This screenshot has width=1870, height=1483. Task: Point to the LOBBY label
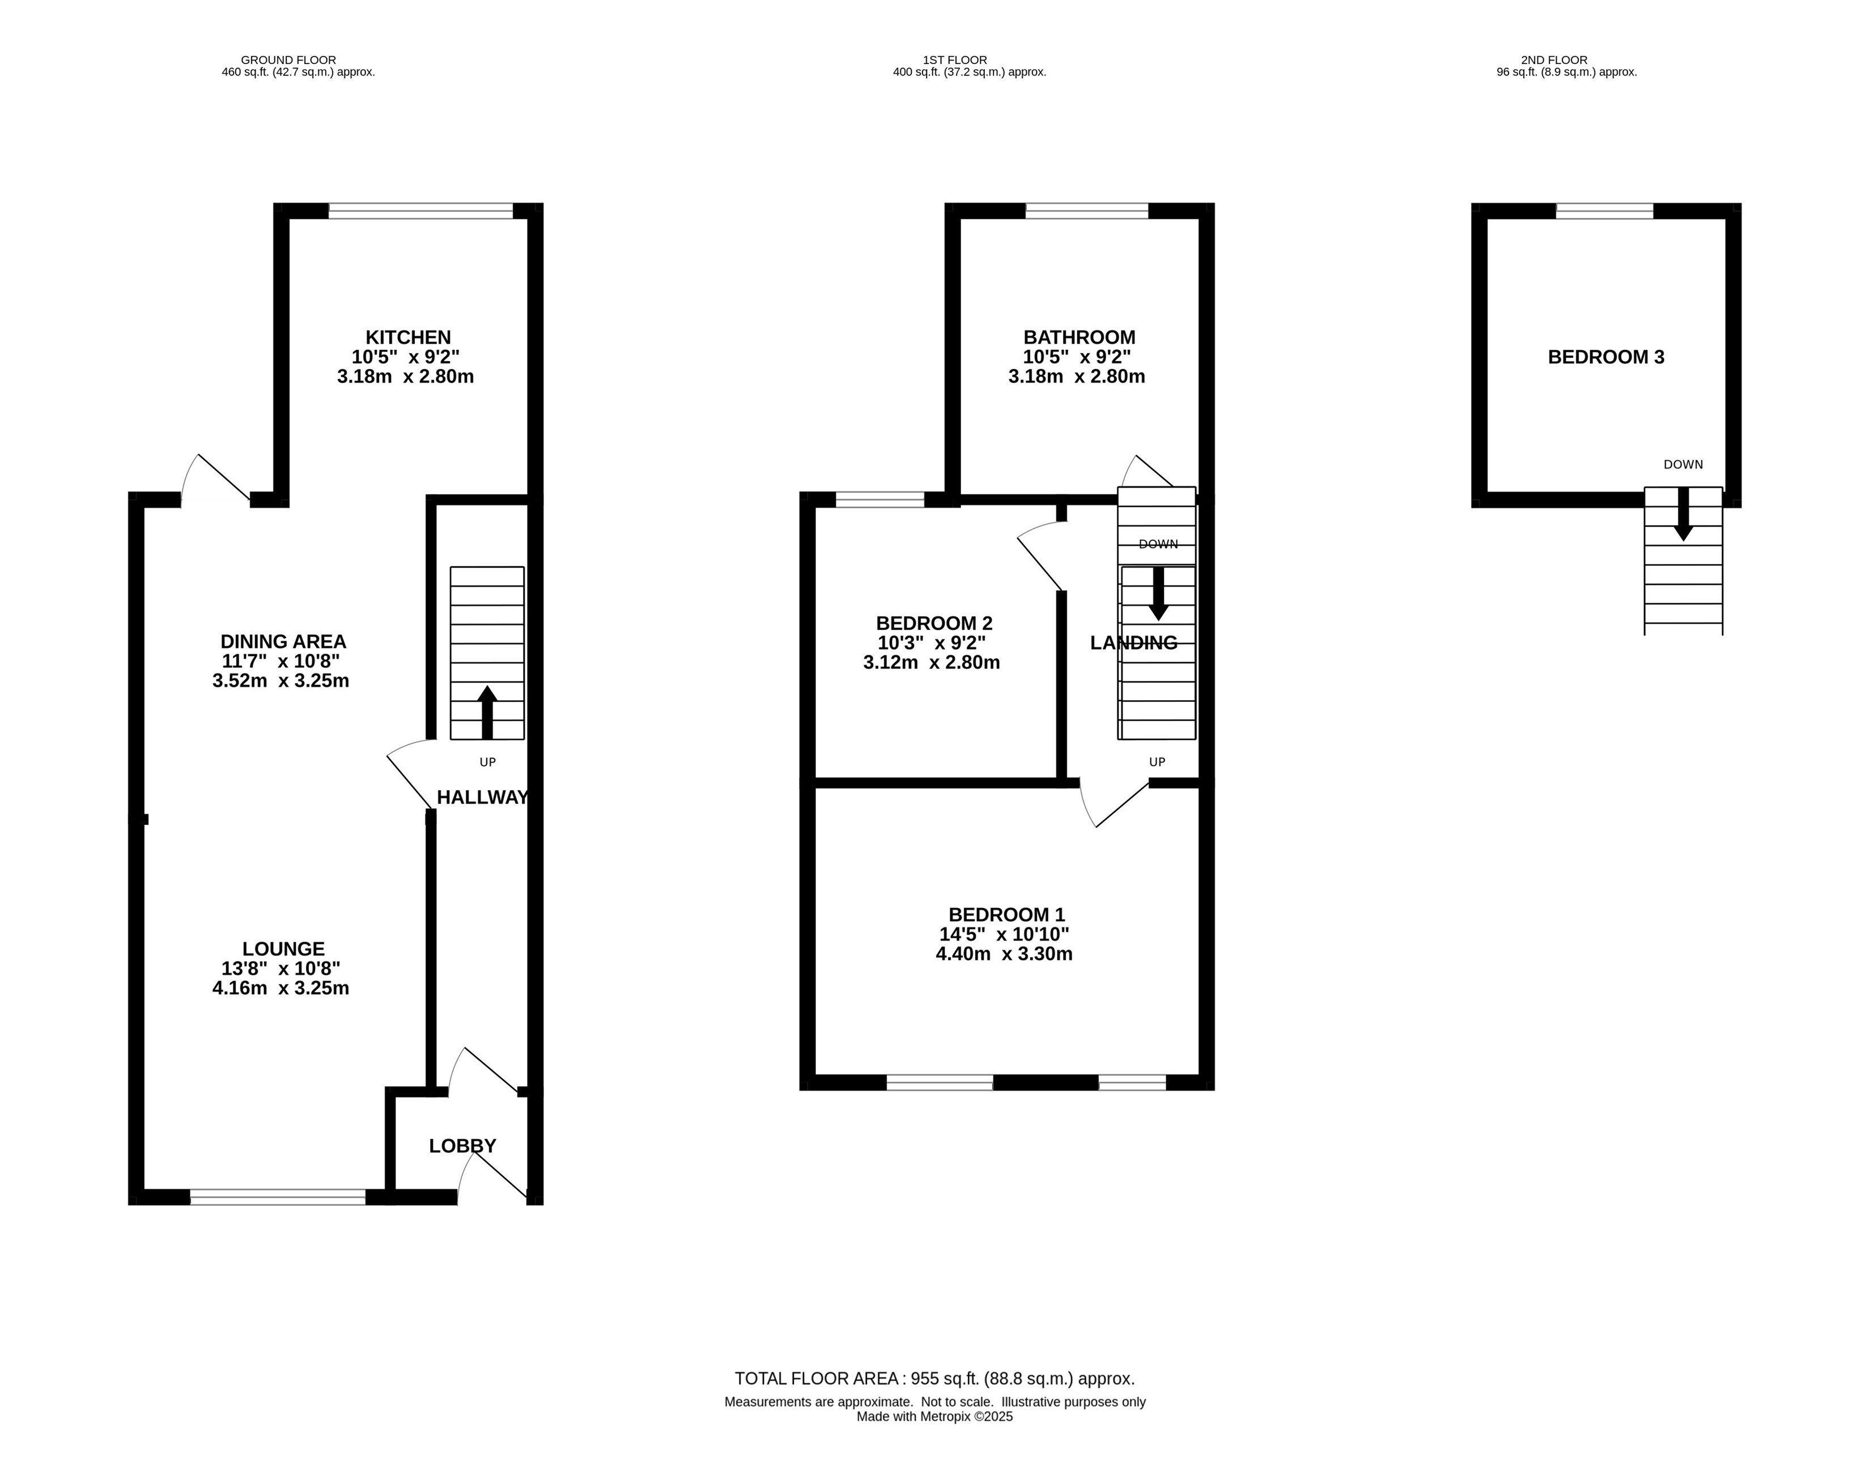point(462,1146)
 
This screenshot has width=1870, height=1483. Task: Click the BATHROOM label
point(1079,337)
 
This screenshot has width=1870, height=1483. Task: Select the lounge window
point(278,1197)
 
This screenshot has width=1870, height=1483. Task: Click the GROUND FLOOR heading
point(289,61)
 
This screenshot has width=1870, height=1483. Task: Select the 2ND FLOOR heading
point(1554,61)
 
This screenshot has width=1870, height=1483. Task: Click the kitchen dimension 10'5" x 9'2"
point(405,357)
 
